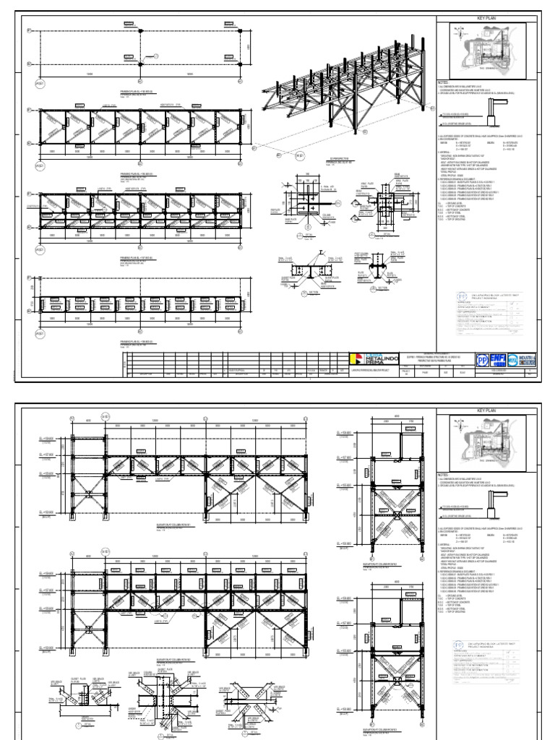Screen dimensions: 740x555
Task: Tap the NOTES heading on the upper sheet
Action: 444,82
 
